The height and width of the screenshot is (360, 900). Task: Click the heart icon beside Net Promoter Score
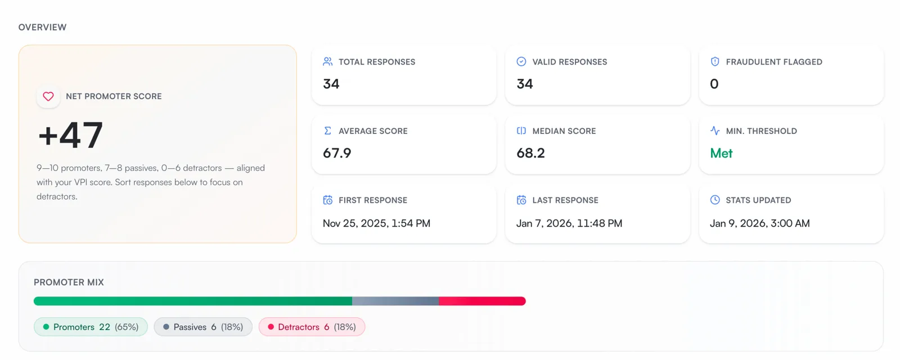[48, 96]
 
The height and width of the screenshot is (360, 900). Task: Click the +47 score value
[71, 136]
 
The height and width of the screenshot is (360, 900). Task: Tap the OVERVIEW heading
[43, 28]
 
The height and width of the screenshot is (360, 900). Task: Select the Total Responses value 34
[331, 84]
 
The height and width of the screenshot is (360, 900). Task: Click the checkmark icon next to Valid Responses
[521, 61]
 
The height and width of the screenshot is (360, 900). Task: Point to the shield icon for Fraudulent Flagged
[715, 61]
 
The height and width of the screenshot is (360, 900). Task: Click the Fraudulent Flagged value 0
[714, 84]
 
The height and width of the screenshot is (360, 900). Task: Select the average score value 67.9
[337, 153]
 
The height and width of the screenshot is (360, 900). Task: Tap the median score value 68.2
[531, 153]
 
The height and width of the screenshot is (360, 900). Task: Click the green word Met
[721, 153]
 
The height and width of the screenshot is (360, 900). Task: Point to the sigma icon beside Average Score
[327, 130]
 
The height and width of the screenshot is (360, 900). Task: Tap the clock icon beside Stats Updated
[715, 200]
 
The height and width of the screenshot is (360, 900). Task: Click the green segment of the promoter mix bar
[193, 301]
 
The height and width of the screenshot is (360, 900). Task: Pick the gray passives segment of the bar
[396, 301]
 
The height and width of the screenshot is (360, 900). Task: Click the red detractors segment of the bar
[483, 301]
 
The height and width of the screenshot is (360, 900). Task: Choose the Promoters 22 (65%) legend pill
[91, 327]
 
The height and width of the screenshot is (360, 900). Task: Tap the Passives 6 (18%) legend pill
[203, 327]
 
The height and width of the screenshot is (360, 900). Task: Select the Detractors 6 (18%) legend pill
[312, 327]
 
